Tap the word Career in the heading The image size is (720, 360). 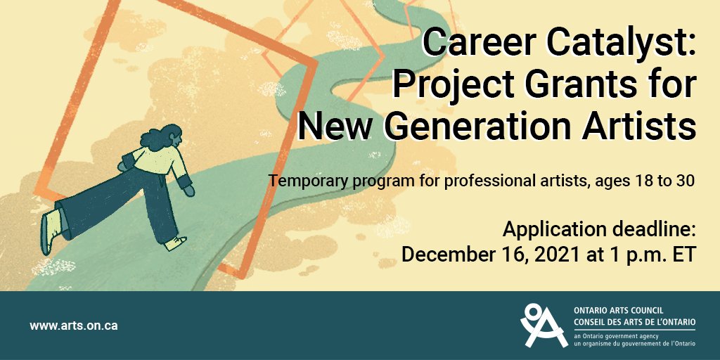click(x=465, y=44)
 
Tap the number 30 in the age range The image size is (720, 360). click(x=686, y=181)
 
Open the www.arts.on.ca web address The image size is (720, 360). click(x=73, y=326)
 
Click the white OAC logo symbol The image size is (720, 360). click(x=543, y=326)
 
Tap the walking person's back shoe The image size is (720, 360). click(x=47, y=231)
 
